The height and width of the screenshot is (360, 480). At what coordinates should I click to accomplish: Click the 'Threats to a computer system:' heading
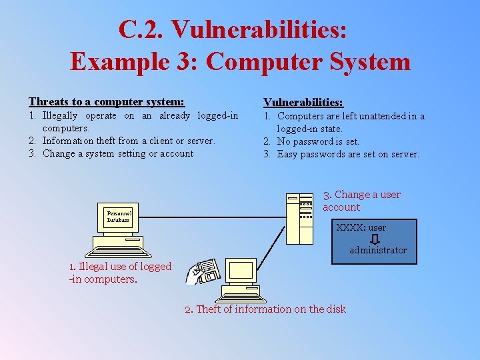click(107, 101)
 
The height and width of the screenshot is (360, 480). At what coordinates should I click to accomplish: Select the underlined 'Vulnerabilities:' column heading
click(303, 102)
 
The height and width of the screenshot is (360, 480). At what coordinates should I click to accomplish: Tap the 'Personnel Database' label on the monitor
click(118, 217)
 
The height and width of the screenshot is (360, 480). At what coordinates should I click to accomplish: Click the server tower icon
click(299, 218)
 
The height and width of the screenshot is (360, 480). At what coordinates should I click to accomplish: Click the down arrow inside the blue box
click(375, 239)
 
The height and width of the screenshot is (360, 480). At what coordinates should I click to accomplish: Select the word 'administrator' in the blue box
click(378, 250)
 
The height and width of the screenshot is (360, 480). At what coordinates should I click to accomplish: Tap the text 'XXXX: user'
click(361, 227)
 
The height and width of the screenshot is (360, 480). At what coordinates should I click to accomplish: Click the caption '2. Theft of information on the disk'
click(265, 309)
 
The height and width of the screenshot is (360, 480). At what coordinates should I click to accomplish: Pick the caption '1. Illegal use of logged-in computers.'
click(120, 273)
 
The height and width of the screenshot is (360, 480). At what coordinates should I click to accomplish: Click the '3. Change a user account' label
click(362, 201)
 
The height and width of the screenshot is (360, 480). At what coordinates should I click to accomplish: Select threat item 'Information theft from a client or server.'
click(128, 141)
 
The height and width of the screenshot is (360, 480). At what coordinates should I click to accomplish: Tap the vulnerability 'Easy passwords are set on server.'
click(348, 154)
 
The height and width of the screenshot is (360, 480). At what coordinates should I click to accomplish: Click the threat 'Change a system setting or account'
click(117, 153)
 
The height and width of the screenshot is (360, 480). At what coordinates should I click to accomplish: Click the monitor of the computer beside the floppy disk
click(241, 271)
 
